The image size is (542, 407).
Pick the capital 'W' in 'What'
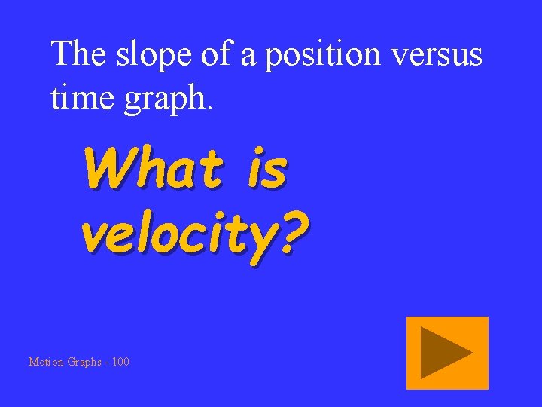105,168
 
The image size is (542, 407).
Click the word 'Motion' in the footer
46,362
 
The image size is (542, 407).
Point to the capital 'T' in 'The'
60,54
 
